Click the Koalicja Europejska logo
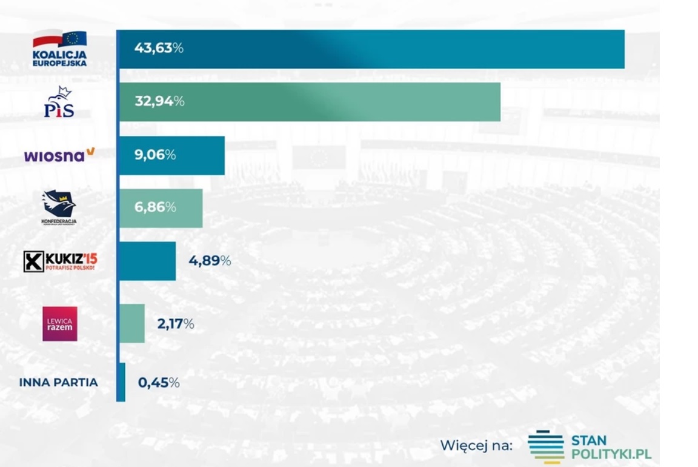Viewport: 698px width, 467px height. [59, 49]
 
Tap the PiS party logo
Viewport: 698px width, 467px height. [59, 102]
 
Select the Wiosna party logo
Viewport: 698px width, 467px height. [59, 155]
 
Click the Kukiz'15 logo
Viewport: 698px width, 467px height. [60, 261]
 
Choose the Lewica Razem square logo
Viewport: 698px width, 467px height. [59, 324]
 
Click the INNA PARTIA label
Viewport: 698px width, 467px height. [58, 383]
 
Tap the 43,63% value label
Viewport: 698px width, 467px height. [159, 49]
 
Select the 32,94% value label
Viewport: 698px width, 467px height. [159, 101]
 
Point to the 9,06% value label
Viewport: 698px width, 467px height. [155, 155]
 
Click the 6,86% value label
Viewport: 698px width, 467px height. [155, 207]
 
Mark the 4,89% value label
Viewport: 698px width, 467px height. [210, 261]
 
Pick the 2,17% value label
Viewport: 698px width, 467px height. [176, 324]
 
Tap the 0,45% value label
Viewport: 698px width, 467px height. [159, 383]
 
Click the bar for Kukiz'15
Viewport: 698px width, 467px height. [147, 261]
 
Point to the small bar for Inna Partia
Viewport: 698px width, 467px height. [122, 382]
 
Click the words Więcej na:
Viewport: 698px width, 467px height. [476, 446]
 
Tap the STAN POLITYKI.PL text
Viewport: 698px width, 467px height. [611, 447]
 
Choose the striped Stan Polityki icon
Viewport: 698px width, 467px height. [545, 447]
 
